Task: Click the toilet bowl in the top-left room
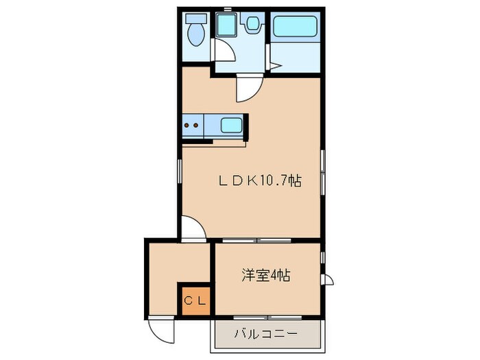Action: [x=196, y=35]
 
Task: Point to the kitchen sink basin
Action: [x=231, y=125]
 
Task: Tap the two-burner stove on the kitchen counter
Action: [x=192, y=125]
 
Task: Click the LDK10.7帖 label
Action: [x=260, y=181]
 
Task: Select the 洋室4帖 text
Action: [x=265, y=276]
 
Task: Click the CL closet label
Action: [x=195, y=300]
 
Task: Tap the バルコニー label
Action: [x=266, y=335]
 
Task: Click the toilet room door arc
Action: [x=222, y=50]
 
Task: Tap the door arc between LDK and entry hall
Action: [x=193, y=228]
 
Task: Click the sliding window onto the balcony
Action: [x=268, y=317]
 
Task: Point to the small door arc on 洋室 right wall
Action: [x=328, y=280]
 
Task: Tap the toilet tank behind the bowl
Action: [x=196, y=19]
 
